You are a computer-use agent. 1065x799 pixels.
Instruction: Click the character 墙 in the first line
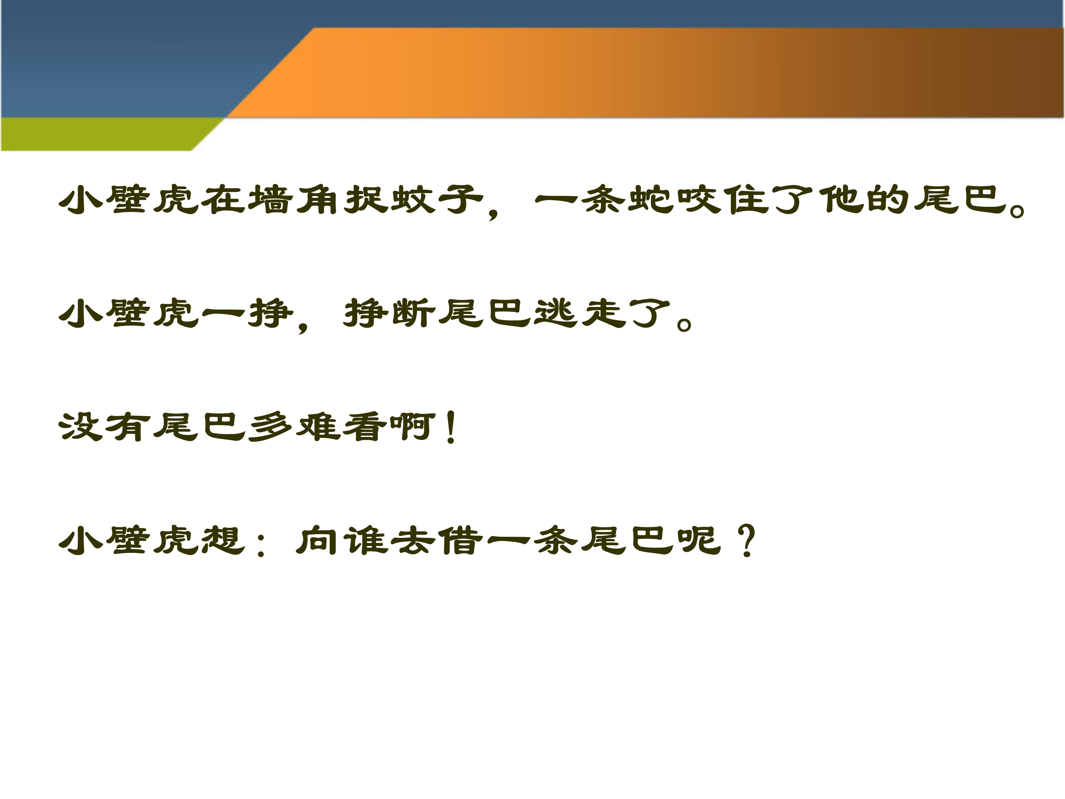[271, 199]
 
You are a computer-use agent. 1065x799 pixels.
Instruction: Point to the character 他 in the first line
[840, 199]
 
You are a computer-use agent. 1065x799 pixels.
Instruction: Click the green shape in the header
[96, 134]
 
